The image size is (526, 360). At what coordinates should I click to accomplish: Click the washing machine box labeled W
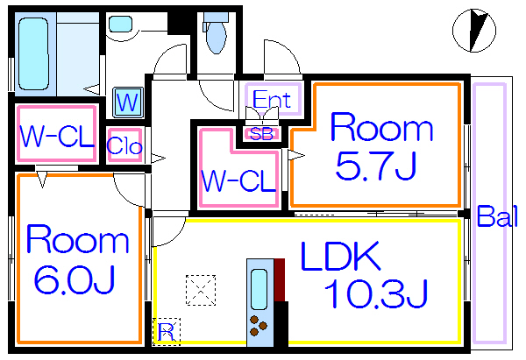tap(127, 102)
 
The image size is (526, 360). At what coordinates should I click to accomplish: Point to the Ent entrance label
tap(272, 99)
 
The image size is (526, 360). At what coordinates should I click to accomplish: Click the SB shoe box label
tap(262, 133)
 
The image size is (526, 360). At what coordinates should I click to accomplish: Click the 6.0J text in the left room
tap(75, 279)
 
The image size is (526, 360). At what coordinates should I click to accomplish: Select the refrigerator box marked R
tap(166, 330)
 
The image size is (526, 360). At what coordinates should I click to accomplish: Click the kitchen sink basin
tap(259, 286)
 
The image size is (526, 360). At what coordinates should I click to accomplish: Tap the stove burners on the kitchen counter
tap(259, 325)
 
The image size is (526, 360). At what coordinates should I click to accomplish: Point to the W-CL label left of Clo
tap(57, 135)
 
